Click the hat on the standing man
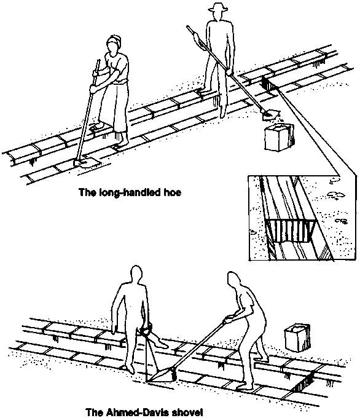[218, 8]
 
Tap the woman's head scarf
[114, 41]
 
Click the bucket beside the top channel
[279, 137]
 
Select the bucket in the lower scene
[297, 337]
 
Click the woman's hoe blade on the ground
[86, 162]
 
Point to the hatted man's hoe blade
[270, 114]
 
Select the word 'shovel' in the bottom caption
[186, 412]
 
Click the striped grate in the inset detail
[289, 231]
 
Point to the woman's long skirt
[113, 106]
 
